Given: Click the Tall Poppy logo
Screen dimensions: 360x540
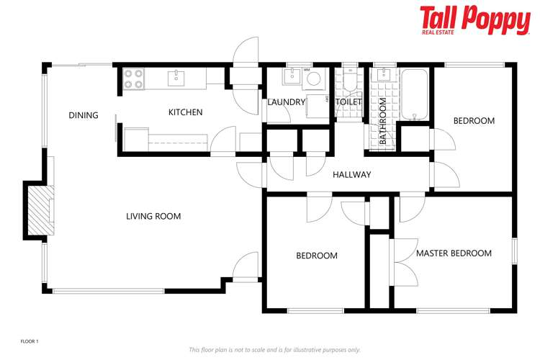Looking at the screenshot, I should tap(474, 20).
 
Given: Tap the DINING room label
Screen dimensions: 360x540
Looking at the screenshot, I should tap(84, 115).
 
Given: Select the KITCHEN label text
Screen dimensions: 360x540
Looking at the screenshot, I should tap(185, 112).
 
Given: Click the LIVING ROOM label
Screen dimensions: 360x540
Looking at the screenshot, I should tap(153, 216).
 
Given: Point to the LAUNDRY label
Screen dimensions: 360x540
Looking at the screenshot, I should tap(286, 102).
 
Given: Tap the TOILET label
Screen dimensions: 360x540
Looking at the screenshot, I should tap(349, 102).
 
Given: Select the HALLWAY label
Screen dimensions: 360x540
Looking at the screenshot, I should tap(351, 175).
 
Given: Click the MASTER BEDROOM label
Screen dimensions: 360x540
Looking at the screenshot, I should tap(454, 253).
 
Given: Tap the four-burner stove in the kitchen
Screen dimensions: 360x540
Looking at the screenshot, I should tap(132, 78).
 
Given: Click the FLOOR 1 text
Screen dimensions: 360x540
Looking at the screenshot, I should tap(29, 340).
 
